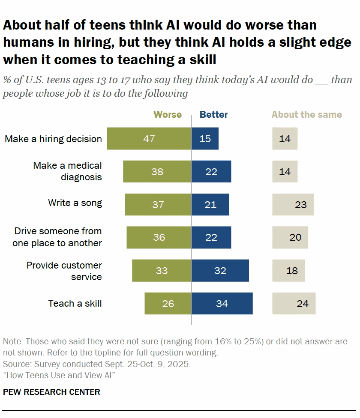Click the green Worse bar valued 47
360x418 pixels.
149,138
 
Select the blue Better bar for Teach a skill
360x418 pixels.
222,303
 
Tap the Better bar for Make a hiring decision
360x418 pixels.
205,138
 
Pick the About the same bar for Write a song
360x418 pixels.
293,204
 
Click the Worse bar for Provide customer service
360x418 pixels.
162,270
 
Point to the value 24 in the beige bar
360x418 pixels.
303,304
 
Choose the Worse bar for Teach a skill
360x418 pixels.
168,303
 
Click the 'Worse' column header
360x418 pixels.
168,115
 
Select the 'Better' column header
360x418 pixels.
213,115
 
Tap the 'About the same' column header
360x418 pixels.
307,115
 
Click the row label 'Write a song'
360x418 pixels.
75,203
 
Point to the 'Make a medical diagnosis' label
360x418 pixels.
67,171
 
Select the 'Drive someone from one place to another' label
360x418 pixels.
57,237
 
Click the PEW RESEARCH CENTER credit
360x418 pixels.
51,392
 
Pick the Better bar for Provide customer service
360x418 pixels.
220,270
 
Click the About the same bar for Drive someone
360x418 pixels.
290,237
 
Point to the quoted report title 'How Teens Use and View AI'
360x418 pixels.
59,375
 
